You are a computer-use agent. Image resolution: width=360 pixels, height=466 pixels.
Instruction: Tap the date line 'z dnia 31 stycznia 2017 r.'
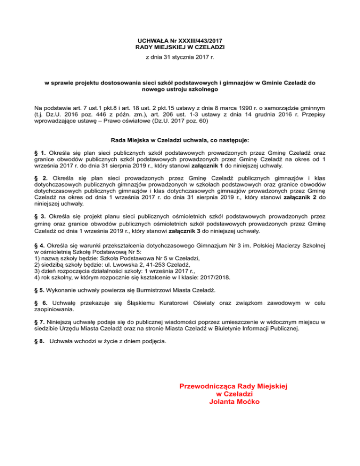point(180,57)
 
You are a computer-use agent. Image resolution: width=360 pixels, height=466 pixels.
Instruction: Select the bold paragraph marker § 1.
point(41,153)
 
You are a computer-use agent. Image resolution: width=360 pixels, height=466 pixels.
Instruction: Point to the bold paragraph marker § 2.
point(42,178)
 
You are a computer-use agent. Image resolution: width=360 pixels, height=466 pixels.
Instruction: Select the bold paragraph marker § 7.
point(41,323)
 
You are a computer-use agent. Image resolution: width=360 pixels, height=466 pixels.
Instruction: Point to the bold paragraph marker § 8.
point(41,341)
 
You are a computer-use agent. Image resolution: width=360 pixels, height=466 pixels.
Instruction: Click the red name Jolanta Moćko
point(233,402)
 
